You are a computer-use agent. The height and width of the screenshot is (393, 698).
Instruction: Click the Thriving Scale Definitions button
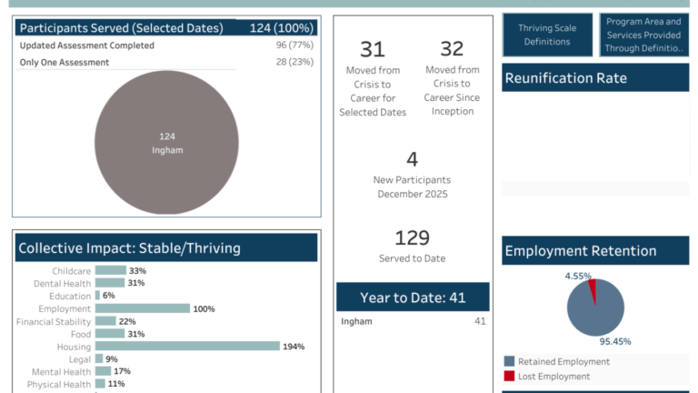tap(546, 35)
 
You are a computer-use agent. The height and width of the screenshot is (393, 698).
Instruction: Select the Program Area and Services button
tap(643, 35)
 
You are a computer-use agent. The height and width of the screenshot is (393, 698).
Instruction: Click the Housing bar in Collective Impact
tap(187, 346)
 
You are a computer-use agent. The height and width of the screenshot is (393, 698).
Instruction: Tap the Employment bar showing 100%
tap(143, 308)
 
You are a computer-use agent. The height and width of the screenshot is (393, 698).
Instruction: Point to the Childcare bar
tap(110, 270)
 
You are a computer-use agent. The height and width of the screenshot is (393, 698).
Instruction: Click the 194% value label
tap(294, 347)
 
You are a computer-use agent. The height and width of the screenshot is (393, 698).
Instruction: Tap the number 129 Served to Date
tap(412, 238)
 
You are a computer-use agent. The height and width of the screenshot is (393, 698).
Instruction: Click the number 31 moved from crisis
tap(372, 49)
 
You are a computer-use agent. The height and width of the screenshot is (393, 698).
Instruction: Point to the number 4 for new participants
tap(412, 160)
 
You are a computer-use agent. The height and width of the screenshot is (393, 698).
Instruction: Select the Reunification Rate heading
tap(565, 77)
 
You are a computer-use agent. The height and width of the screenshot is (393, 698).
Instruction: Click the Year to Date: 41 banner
tap(413, 297)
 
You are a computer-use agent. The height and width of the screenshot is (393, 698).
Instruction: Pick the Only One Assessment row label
tap(64, 62)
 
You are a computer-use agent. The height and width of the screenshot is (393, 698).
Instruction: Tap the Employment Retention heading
tap(581, 251)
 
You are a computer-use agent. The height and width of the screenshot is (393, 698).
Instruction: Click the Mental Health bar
tap(103, 371)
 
